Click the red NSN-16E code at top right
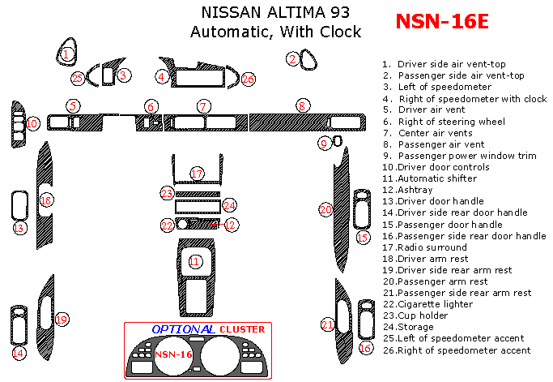(442, 21)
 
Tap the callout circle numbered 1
(68, 54)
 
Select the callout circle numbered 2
(292, 58)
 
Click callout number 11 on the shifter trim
(194, 261)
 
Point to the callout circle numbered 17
(197, 174)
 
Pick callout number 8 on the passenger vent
(301, 105)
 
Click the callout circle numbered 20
(325, 209)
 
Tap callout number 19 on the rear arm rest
(61, 320)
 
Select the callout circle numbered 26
(248, 79)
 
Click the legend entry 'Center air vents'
(429, 133)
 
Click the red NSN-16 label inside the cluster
(173, 354)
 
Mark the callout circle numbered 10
(32, 123)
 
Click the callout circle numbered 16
(365, 348)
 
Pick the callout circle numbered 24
(230, 206)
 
